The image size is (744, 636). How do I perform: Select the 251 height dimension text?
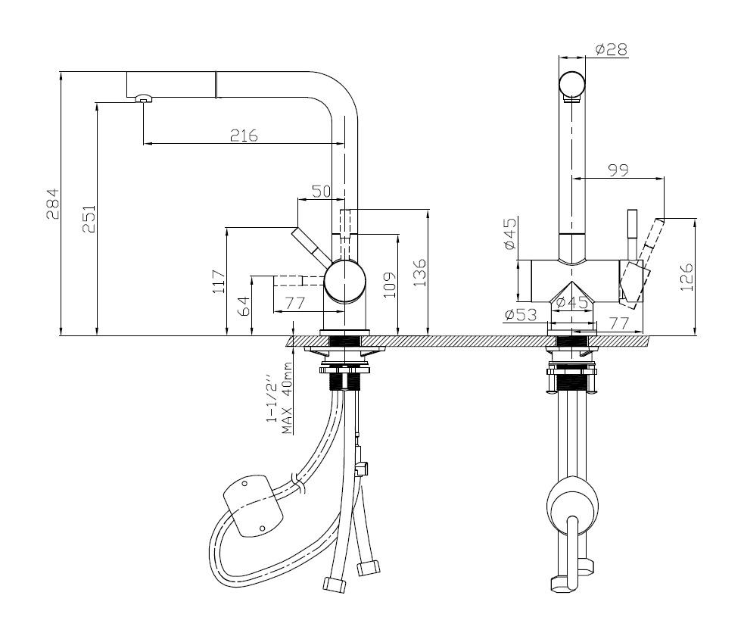click(x=89, y=218)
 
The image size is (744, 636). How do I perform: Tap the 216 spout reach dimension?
click(x=244, y=136)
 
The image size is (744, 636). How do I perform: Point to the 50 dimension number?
click(x=322, y=192)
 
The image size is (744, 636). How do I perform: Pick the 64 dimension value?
click(x=244, y=306)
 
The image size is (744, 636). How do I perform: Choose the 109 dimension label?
click(x=389, y=284)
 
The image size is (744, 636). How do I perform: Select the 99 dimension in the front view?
click(x=618, y=171)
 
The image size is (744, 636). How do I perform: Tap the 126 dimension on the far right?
click(x=686, y=277)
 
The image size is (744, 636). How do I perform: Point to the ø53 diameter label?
click(x=520, y=313)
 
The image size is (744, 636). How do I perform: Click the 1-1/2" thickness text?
click(x=270, y=397)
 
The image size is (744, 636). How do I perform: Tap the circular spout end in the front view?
click(x=572, y=85)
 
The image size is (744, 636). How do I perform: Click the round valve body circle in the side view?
click(x=345, y=282)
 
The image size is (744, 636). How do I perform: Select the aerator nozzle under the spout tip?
click(x=142, y=98)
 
